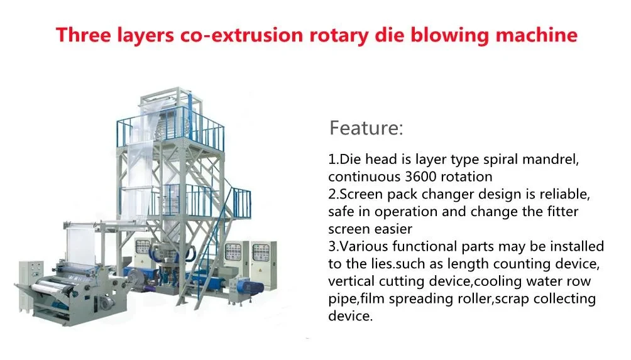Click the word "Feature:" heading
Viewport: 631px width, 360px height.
[366, 128]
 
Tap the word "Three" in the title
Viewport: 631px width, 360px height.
[84, 35]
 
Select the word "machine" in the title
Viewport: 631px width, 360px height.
[537, 35]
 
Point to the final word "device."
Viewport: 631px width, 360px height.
[351, 316]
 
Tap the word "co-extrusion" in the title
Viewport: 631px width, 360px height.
[241, 35]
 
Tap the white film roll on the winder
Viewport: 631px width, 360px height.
[50, 286]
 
